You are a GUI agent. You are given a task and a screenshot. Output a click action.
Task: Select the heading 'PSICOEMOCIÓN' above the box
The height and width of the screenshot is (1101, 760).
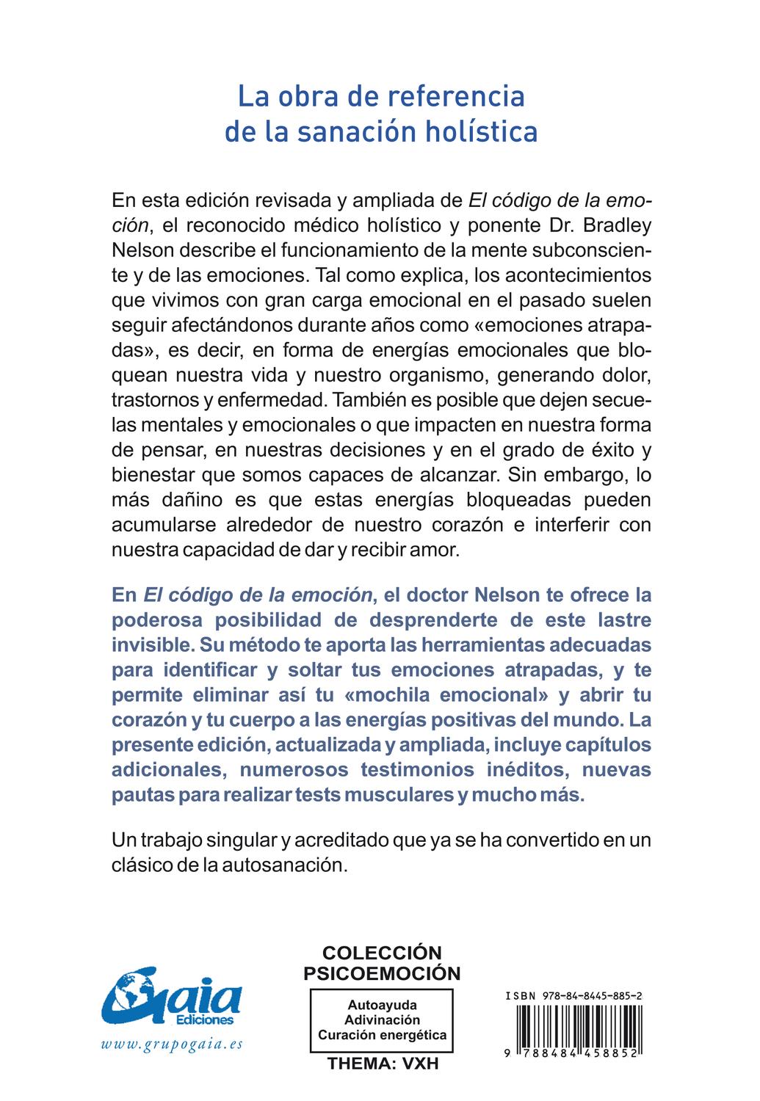(x=382, y=973)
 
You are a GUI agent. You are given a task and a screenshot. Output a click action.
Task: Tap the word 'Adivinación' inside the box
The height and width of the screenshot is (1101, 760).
(x=382, y=1020)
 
